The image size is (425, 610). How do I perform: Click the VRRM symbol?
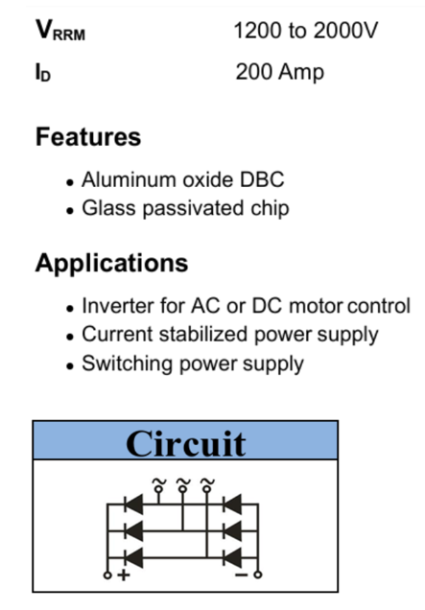tap(60, 31)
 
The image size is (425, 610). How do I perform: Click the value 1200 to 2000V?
tap(306, 31)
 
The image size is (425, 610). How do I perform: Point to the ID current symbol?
tap(43, 72)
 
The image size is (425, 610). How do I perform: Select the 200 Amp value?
tap(279, 72)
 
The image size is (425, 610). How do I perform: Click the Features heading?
tap(88, 137)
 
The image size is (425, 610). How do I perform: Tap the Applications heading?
tap(111, 264)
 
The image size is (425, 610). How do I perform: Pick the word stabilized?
tap(203, 334)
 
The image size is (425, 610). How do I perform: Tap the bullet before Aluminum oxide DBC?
tap(70, 182)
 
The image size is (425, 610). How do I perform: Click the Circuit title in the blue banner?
tap(186, 443)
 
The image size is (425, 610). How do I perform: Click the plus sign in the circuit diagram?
tap(124, 575)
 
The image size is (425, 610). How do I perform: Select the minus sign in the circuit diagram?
tap(242, 575)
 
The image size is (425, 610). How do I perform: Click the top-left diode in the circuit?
tap(133, 504)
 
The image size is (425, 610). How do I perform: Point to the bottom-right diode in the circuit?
tap(232, 558)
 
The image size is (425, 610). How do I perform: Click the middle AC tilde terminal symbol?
tap(182, 484)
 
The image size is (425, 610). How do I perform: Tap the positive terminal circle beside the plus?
tap(107, 575)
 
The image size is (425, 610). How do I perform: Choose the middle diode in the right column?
tap(232, 530)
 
